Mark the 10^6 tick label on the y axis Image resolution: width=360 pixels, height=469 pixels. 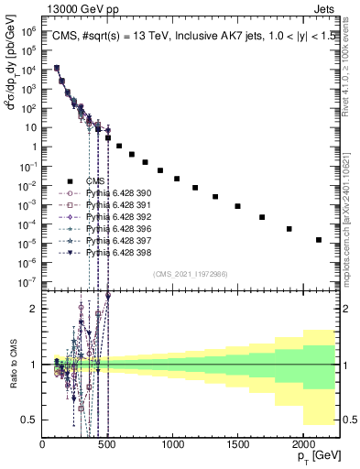tap(28, 31)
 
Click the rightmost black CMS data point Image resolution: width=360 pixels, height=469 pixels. tap(319, 240)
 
